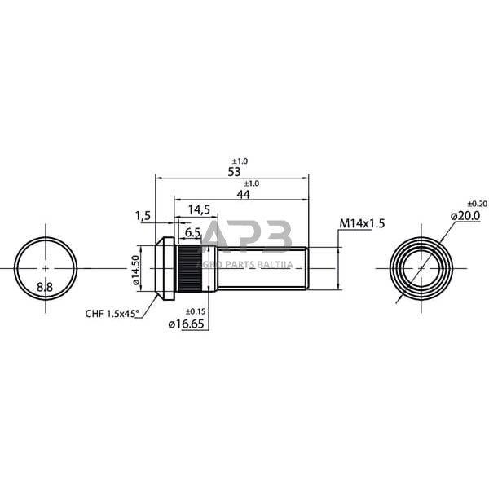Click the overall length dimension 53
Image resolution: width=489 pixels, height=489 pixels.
click(234, 172)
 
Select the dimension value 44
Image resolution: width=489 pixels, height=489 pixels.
click(243, 195)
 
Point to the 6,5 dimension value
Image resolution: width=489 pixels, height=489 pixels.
click(193, 232)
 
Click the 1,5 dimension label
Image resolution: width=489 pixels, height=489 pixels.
click(143, 216)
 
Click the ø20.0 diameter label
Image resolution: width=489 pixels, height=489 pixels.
click(465, 215)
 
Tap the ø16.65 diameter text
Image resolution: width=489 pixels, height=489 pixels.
click(187, 324)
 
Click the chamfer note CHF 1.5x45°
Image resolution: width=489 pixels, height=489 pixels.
click(112, 312)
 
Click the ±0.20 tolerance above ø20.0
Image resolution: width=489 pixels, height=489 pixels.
click(477, 203)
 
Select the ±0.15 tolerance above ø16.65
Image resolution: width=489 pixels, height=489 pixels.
click(195, 311)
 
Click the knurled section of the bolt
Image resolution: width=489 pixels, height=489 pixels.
click(187, 267)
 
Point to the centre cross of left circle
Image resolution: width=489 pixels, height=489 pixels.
click(46, 268)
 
